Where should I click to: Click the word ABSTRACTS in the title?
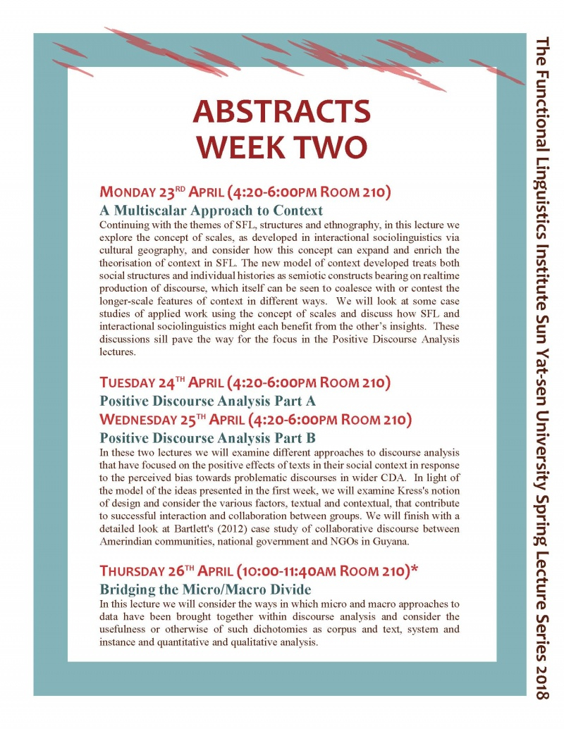(x=282, y=112)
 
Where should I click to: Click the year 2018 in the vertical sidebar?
(x=541, y=678)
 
